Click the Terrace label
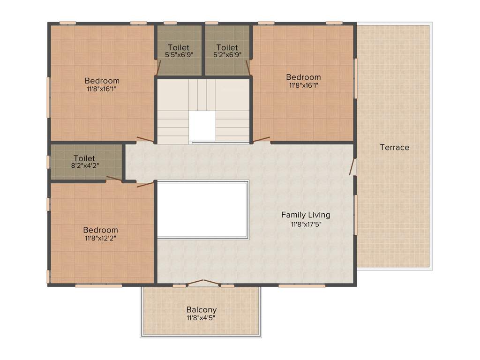[394, 147]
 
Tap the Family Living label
[306, 215]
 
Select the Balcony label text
[202, 309]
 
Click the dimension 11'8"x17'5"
[306, 224]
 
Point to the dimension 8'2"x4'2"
[84, 165]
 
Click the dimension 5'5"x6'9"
[179, 54]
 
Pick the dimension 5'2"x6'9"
[227, 54]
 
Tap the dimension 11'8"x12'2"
[101, 238]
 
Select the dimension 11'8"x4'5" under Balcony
[202, 318]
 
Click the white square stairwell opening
[202, 126]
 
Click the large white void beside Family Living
[202, 210]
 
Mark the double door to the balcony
[203, 282]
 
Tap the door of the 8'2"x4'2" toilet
[114, 179]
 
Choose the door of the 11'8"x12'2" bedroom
[145, 184]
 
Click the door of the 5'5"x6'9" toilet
[158, 67]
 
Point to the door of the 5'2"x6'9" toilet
[248, 67]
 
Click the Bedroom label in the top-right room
[303, 77]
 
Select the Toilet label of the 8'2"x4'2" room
[84, 158]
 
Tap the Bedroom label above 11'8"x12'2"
[101, 230]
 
